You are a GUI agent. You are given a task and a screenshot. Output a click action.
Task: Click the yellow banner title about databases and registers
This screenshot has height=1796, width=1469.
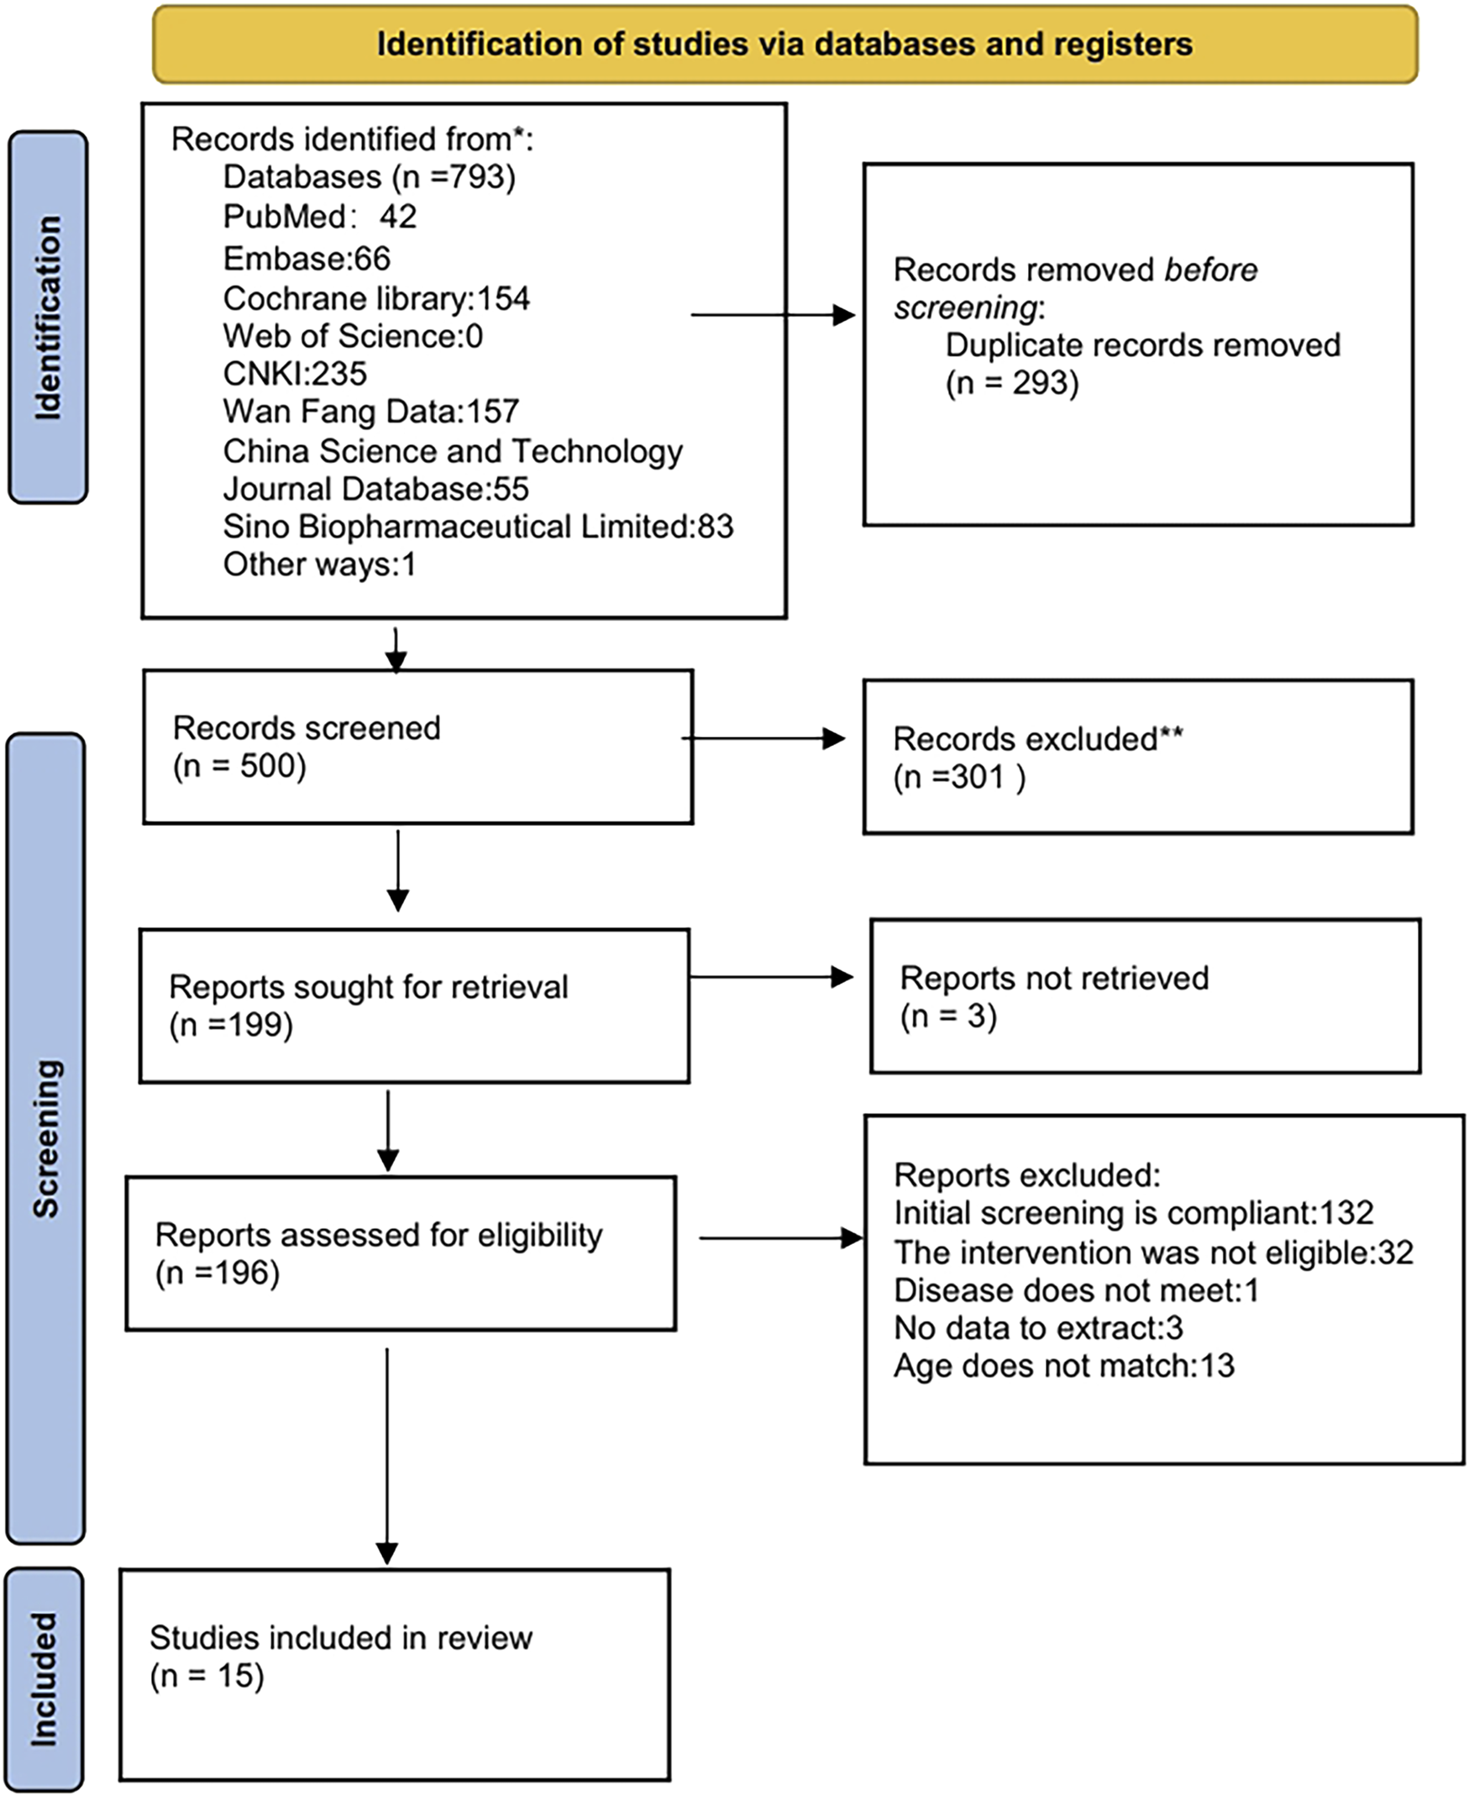784,44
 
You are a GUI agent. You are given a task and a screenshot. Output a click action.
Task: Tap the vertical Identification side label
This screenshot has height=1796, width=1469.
48,318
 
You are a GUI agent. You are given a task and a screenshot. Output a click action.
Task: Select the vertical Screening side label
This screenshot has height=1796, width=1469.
46,1138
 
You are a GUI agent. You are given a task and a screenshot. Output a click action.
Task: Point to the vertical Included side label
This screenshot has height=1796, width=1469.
44,1679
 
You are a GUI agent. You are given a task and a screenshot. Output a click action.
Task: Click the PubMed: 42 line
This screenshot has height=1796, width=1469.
319,217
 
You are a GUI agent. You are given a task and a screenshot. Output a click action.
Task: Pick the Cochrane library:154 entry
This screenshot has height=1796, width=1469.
375,298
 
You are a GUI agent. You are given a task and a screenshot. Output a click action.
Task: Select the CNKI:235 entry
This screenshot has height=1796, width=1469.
295,373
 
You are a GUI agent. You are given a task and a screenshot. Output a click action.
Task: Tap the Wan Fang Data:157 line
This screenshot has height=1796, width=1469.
370,412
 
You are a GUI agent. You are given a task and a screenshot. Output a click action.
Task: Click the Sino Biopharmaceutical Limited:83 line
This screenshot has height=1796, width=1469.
477,527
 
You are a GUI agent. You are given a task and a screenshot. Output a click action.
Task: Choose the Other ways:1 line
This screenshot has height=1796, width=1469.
319,565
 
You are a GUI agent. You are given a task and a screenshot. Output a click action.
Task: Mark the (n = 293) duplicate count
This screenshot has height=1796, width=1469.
1012,383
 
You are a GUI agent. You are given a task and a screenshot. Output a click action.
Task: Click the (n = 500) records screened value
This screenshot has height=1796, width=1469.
239,766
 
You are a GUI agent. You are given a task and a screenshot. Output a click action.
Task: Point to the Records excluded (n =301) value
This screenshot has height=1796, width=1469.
958,777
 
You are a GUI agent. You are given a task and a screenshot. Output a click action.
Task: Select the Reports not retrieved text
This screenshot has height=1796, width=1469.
1053,979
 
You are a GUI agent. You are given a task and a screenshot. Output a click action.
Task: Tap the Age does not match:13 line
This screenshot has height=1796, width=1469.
1063,1366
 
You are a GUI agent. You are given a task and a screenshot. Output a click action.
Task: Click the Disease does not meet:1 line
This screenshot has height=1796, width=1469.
1076,1290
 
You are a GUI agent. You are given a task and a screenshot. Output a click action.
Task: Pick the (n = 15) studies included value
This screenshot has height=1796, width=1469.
207,1676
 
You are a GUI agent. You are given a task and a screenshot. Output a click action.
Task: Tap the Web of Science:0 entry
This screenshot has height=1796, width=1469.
352,336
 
